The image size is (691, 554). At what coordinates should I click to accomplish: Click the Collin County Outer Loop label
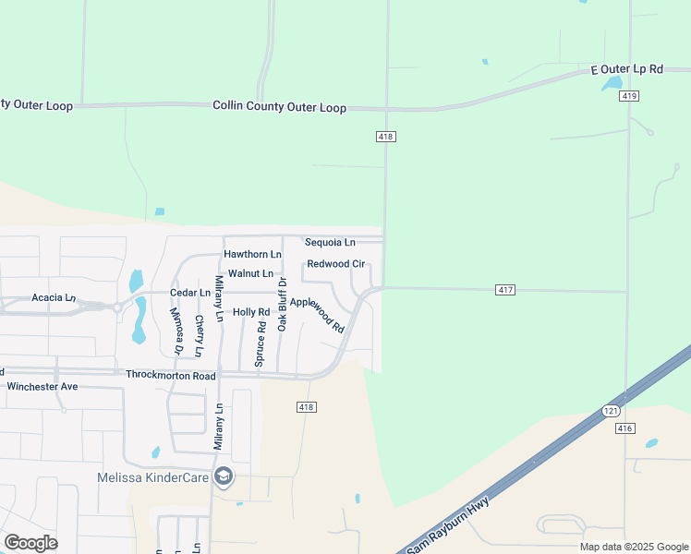click(x=280, y=108)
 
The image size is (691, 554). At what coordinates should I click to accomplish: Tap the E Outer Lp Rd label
click(x=627, y=69)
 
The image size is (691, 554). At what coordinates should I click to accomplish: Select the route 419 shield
click(x=629, y=96)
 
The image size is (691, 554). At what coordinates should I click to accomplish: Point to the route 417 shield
click(x=504, y=290)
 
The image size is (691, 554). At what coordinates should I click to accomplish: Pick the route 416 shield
click(x=625, y=428)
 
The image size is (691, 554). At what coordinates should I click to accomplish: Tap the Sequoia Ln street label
click(x=330, y=243)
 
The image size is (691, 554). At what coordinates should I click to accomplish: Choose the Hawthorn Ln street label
click(x=252, y=254)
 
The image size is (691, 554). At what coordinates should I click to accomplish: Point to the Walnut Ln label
click(x=250, y=273)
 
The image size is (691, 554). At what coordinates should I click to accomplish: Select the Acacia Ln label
click(x=54, y=297)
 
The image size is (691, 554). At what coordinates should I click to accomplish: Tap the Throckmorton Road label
click(x=170, y=376)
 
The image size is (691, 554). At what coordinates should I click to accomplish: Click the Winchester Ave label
click(x=42, y=387)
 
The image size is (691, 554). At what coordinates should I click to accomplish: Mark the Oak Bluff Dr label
click(x=283, y=304)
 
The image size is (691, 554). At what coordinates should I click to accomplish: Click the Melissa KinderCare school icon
click(x=222, y=476)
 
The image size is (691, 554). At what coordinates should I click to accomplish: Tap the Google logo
click(x=30, y=543)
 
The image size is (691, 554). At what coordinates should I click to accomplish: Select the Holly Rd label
click(x=251, y=312)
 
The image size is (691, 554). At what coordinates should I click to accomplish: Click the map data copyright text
click(x=633, y=547)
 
